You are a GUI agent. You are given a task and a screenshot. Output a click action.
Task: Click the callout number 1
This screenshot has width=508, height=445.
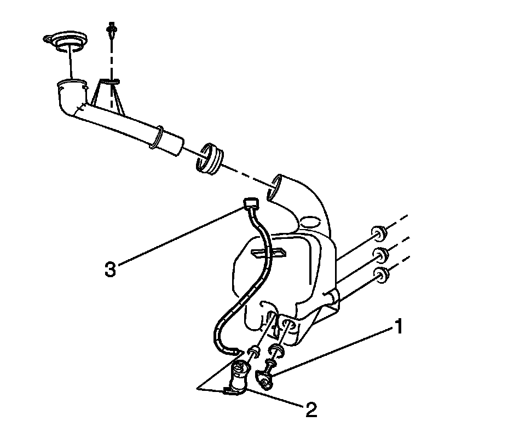coord(399,327)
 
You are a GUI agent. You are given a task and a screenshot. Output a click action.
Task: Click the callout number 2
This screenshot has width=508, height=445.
coord(311,410)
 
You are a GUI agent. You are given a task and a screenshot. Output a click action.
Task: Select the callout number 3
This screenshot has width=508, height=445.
coord(111,270)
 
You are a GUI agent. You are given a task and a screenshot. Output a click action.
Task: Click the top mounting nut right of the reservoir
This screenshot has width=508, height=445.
coord(378,234)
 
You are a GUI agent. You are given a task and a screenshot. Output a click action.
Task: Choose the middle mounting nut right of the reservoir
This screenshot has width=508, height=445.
coord(380,254)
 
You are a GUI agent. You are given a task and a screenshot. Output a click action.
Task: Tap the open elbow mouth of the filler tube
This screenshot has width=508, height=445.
coord(71,86)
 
